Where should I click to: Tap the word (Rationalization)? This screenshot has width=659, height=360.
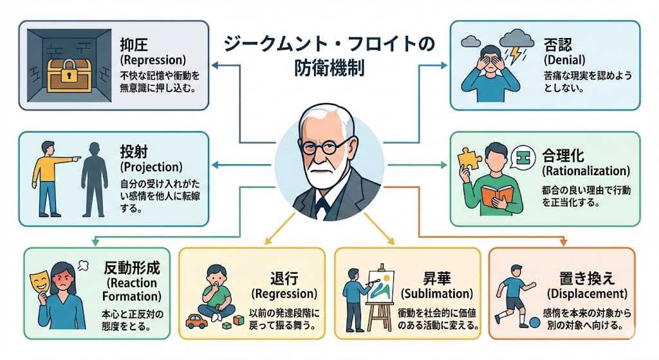coord(586,172)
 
